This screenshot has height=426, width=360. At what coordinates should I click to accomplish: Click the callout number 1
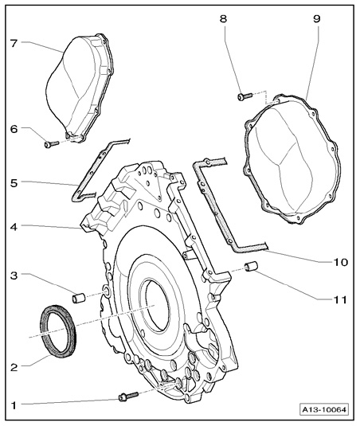14,405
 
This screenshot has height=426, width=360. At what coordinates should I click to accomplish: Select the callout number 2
14,368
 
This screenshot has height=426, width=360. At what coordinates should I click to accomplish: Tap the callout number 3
14,276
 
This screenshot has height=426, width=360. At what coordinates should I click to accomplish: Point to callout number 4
14,227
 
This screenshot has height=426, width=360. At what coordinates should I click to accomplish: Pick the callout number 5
14,183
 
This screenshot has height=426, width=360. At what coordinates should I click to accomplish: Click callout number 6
14,129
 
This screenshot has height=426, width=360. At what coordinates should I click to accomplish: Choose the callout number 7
14,43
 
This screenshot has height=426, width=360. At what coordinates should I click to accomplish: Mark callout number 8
223,19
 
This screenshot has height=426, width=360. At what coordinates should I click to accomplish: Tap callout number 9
317,19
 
